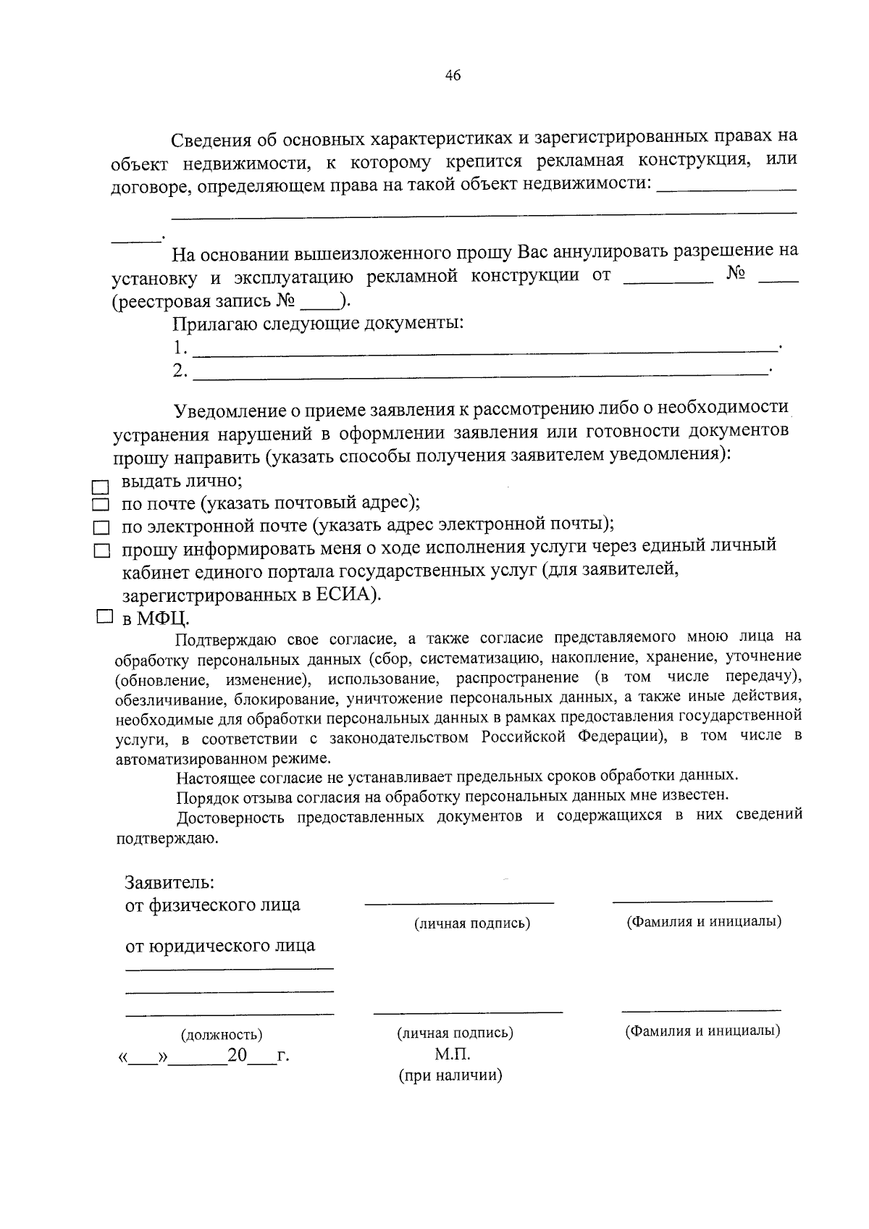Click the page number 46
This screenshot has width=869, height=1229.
(453, 75)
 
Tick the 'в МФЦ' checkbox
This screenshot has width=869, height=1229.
(104, 617)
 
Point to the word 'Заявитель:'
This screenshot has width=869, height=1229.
(169, 883)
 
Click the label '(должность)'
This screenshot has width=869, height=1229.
(222, 1035)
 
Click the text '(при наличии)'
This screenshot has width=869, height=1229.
(450, 1075)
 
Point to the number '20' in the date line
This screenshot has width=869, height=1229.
(238, 1054)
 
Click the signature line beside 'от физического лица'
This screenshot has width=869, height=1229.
(459, 902)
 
